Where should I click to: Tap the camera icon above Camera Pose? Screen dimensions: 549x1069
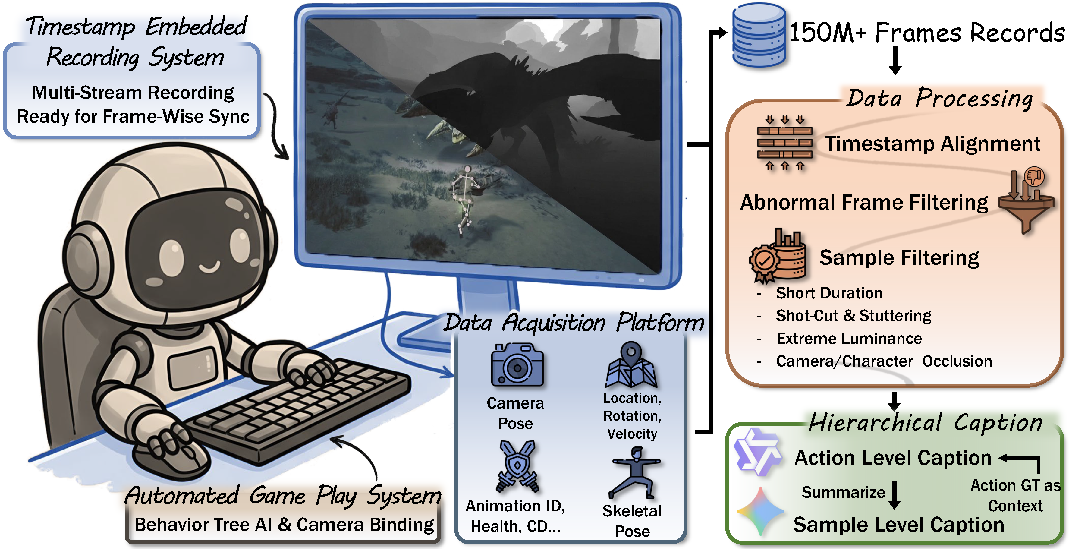click(x=517, y=365)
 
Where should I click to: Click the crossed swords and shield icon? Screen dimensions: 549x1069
click(x=517, y=466)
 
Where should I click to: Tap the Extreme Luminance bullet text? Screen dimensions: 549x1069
click(x=849, y=339)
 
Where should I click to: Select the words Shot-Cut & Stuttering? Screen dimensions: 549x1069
click(x=853, y=316)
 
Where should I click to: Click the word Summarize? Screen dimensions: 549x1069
click(x=843, y=492)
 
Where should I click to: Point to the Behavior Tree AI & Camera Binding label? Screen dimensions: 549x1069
click(x=284, y=525)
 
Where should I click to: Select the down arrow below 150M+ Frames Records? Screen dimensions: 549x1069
click(x=895, y=60)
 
